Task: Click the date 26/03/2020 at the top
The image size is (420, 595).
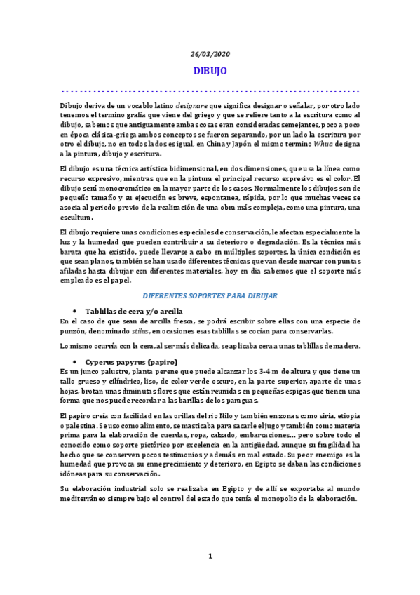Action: pyautogui.click(x=210, y=54)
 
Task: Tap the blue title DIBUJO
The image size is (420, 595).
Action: pyautogui.click(x=210, y=71)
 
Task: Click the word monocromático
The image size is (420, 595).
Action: pyautogui.click(x=116, y=189)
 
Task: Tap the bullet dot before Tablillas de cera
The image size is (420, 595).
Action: pyautogui.click(x=74, y=310)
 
